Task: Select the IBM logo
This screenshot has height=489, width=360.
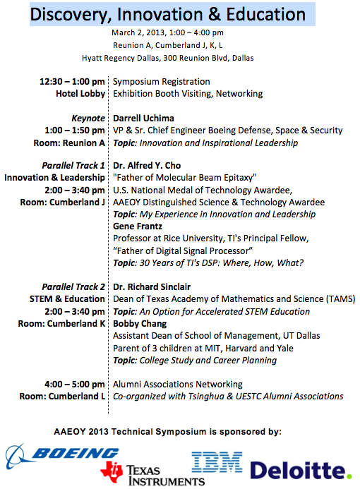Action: point(217,464)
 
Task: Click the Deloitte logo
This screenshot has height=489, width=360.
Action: point(300,469)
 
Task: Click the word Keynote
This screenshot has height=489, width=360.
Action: point(88,118)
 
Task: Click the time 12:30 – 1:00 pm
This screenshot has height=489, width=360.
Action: point(73,81)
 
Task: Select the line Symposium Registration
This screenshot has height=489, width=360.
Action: point(162,81)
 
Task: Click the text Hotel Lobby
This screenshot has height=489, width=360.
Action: point(80,93)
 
